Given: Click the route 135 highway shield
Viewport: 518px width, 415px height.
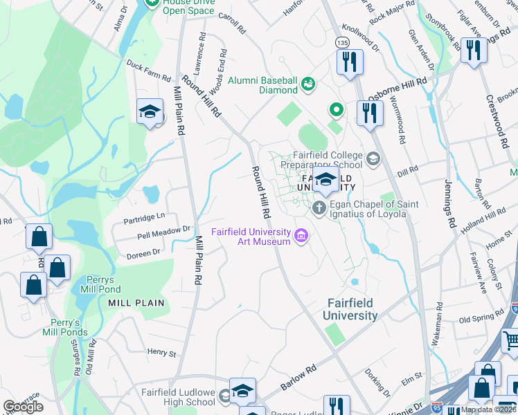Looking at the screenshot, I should (x=341, y=42).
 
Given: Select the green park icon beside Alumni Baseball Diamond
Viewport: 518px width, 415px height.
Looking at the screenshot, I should (x=308, y=84).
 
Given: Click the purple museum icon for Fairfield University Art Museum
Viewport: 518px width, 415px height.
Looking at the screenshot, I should (x=301, y=237).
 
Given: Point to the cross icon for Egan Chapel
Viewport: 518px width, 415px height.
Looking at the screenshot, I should (x=319, y=207).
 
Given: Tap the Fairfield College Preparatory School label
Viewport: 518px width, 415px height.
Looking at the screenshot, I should (x=328, y=160).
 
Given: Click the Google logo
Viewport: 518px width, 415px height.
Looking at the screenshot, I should (x=24, y=407).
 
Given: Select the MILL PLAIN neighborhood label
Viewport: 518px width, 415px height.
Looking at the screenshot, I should (x=136, y=303).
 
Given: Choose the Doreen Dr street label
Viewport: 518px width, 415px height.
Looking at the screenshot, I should (x=143, y=255).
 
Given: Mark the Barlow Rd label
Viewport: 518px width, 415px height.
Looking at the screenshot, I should (x=298, y=379).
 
